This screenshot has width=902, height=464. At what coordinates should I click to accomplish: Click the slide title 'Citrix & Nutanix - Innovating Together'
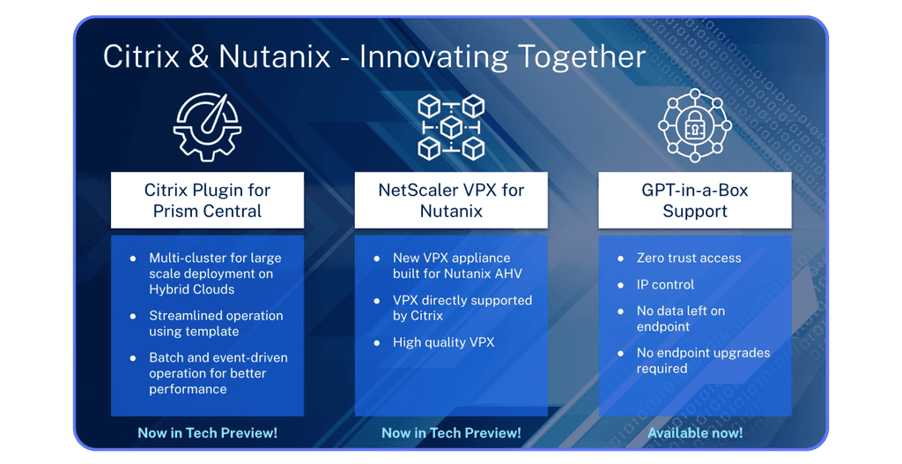(x=374, y=56)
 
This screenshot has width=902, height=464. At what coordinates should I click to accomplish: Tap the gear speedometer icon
(x=207, y=127)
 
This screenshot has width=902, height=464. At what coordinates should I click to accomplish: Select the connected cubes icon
(x=451, y=127)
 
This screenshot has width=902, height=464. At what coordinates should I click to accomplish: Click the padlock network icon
(x=694, y=127)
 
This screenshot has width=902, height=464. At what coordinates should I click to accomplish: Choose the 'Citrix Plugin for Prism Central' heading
(x=207, y=200)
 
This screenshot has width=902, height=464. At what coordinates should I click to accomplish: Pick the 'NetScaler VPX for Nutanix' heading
(x=451, y=200)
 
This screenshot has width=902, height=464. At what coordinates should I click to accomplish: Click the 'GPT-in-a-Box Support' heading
(x=695, y=200)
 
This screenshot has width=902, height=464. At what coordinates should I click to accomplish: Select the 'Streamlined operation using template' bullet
(x=216, y=323)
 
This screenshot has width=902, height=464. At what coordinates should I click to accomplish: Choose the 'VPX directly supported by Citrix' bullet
(x=462, y=308)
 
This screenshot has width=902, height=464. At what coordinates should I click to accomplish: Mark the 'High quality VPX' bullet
(x=443, y=342)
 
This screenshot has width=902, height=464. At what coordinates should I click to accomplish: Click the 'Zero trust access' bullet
(x=689, y=258)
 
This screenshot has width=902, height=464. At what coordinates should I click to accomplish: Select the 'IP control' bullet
(x=665, y=285)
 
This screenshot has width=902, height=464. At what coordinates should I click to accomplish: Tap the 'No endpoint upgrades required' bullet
(x=703, y=360)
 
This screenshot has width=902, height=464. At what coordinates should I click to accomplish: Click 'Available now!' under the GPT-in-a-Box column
(x=695, y=433)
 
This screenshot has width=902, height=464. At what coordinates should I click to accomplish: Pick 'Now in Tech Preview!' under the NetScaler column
(x=451, y=433)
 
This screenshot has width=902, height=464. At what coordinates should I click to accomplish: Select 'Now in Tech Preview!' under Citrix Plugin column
(x=207, y=433)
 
